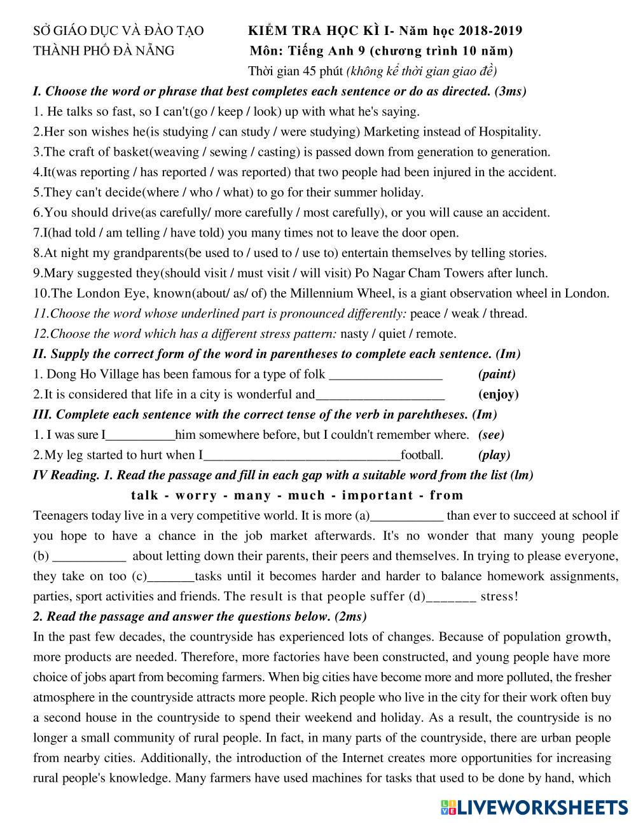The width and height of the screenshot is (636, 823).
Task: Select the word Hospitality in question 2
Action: pyautogui.click(x=509, y=132)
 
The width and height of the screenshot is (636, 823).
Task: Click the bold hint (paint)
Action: pyautogui.click(x=496, y=374)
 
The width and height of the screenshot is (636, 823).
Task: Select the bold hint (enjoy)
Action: pyautogui.click(x=498, y=394)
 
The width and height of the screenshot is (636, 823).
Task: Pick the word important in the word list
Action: pyautogui.click(x=377, y=495)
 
